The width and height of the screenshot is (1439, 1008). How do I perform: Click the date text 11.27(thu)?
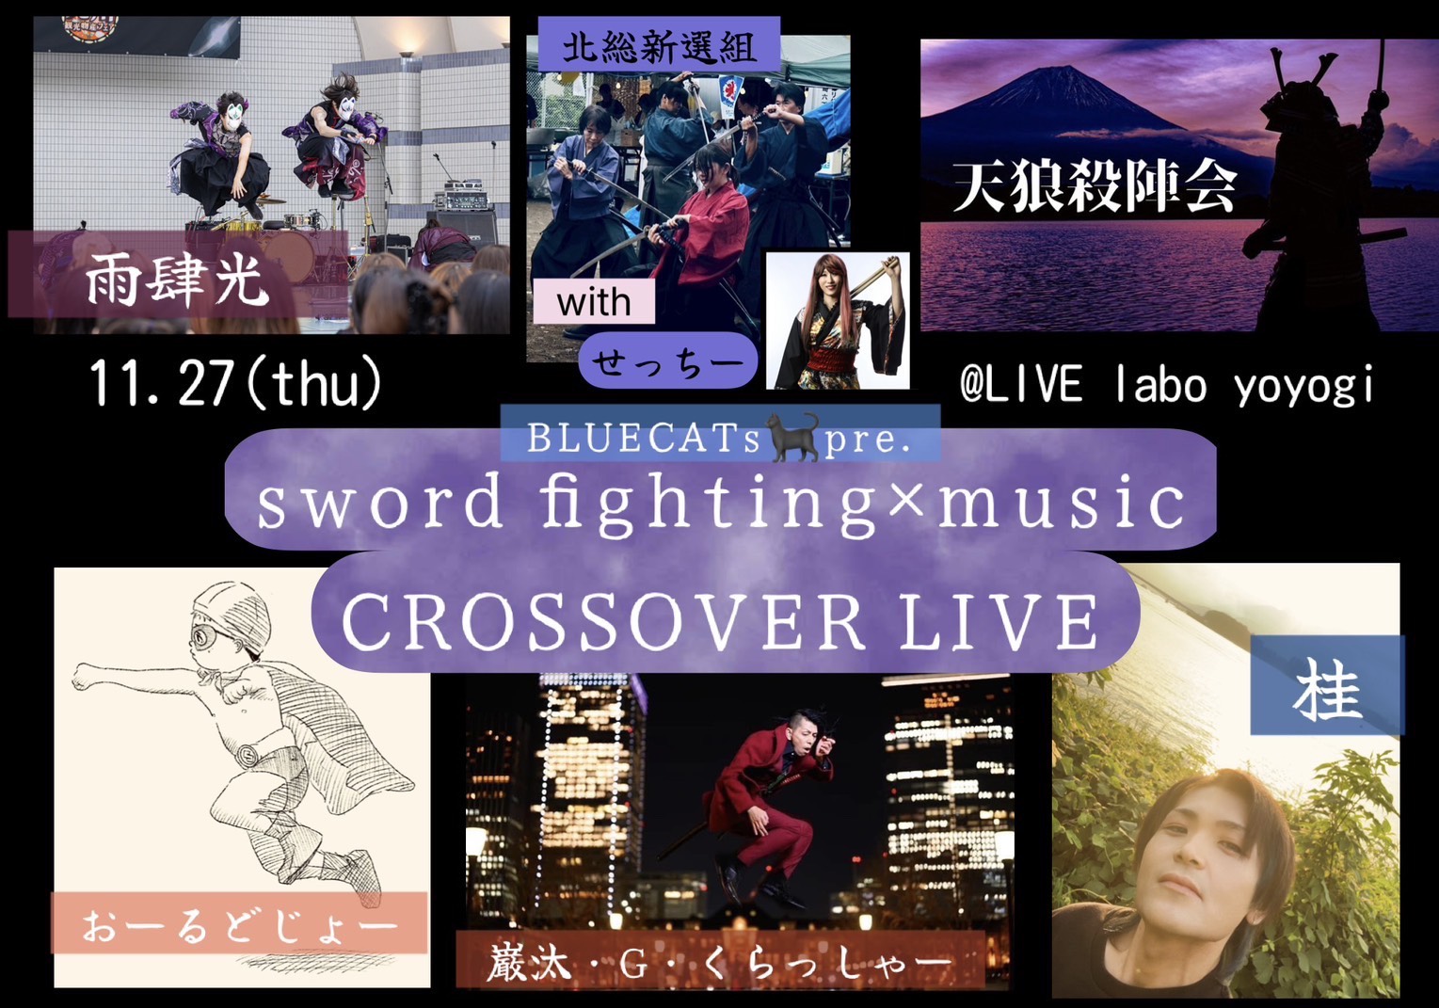(x=235, y=384)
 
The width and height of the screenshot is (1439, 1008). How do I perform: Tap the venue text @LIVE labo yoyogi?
(x=1166, y=385)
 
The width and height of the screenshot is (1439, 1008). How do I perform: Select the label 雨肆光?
(x=177, y=280)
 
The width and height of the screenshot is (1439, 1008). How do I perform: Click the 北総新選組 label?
(x=660, y=46)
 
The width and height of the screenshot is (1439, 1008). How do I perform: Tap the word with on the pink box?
(x=594, y=302)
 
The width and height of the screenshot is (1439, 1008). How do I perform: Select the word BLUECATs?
(x=644, y=439)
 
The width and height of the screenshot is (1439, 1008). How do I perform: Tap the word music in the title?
(x=1062, y=505)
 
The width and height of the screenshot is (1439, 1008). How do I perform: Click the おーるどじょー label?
(x=239, y=926)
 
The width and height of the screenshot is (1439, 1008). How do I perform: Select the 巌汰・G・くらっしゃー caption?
(x=719, y=964)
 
